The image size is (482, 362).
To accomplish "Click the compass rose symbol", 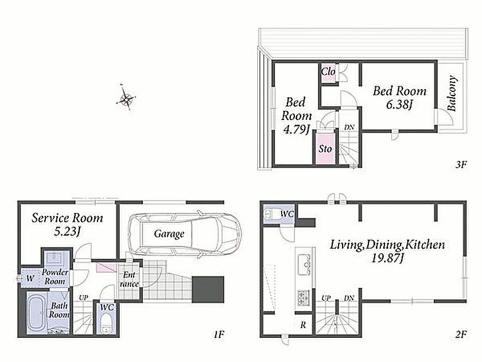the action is (126, 97).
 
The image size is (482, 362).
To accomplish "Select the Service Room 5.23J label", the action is (67, 224).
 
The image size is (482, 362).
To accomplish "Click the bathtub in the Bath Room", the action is (37, 311).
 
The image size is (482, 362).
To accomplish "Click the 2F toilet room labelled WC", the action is (279, 214).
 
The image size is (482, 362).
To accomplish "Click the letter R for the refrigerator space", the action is (303, 325).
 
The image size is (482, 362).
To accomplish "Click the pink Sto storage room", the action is (325, 148).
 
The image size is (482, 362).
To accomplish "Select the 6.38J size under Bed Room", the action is (399, 105).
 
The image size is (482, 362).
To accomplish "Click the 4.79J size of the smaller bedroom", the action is (296, 129).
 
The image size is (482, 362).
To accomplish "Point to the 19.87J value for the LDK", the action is (388, 258).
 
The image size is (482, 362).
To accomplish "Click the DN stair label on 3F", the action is (349, 127).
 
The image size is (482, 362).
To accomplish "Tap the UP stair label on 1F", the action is (83, 298).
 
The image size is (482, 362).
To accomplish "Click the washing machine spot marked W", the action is (30, 279).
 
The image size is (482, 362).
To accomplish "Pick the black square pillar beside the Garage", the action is (208, 290).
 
